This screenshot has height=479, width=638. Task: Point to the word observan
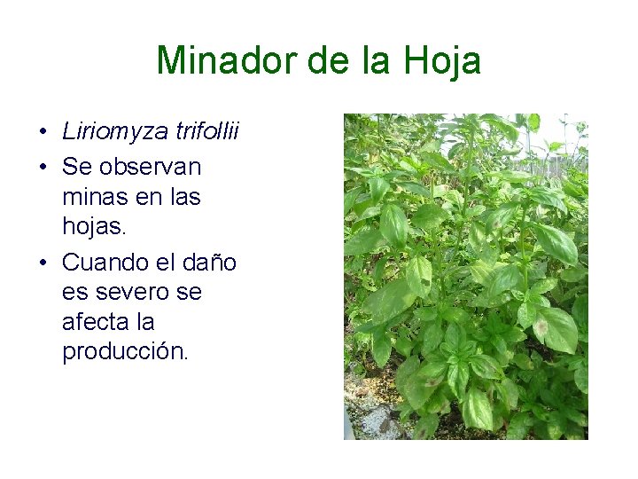point(150,166)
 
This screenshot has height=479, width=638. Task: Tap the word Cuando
point(107,263)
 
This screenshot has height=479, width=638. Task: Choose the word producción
point(125,351)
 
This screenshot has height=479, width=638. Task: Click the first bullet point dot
point(43,134)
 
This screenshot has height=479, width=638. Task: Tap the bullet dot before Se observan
point(43,168)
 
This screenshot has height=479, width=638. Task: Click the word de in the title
point(325,61)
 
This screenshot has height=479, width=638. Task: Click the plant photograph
point(465,276)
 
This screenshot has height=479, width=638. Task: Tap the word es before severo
point(74,292)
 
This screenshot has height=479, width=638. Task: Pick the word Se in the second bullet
point(76,166)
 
